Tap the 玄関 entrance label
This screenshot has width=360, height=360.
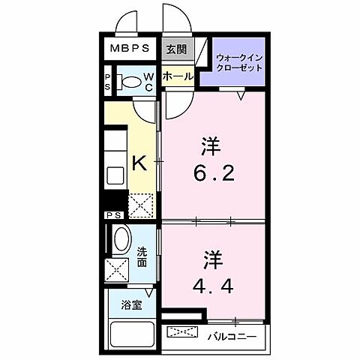click(x=173, y=49)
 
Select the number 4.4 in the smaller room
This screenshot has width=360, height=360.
click(x=213, y=285)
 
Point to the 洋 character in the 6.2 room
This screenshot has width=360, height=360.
click(x=213, y=143)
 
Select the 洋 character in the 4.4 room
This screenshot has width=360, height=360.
click(x=213, y=259)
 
